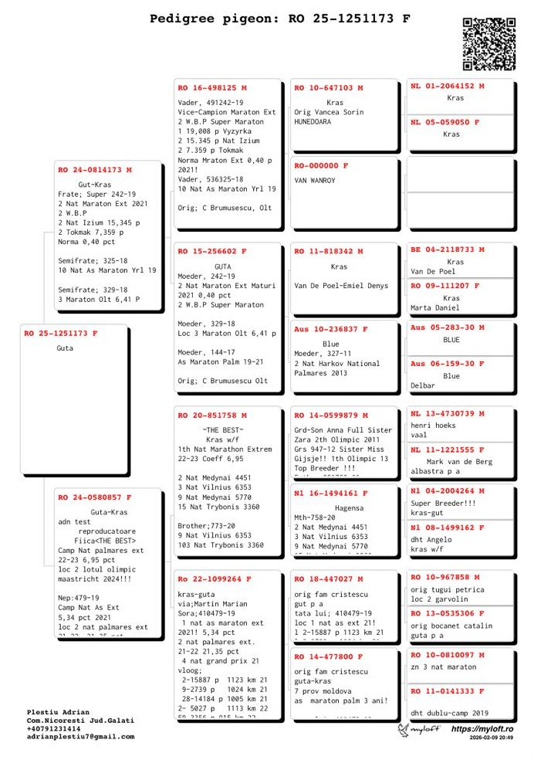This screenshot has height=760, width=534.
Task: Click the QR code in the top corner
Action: pyautogui.click(x=488, y=44)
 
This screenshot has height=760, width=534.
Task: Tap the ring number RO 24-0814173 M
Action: pyautogui.click(x=95, y=170)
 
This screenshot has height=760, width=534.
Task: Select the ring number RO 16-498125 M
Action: pyautogui.click(x=212, y=88)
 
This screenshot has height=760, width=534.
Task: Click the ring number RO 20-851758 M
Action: pyautogui.click(x=212, y=416)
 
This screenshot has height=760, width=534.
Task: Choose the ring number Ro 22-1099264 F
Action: pyautogui.click(x=215, y=579)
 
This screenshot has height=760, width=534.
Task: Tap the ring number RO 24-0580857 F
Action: pyautogui.click(x=95, y=498)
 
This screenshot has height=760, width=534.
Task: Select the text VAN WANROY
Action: pyautogui.click(x=315, y=181)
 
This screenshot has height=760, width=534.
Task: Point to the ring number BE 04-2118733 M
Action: pyautogui.click(x=448, y=249)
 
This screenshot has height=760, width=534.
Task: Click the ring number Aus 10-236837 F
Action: pyautogui.click(x=331, y=330)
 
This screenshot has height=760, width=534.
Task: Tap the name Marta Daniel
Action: pyautogui.click(x=436, y=308)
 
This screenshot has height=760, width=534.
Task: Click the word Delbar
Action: pyautogui.click(x=423, y=385)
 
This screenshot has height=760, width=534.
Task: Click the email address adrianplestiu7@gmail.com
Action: pyautogui.click(x=80, y=736)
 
